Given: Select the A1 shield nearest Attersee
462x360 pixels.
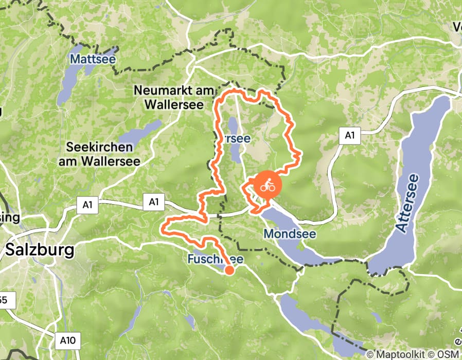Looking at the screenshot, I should (x=350, y=136).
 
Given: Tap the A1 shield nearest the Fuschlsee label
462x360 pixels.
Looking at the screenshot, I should (x=153, y=202).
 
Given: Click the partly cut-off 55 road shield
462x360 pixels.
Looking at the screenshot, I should (x=6, y=300).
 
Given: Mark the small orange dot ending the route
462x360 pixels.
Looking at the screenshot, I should (x=229, y=270).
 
